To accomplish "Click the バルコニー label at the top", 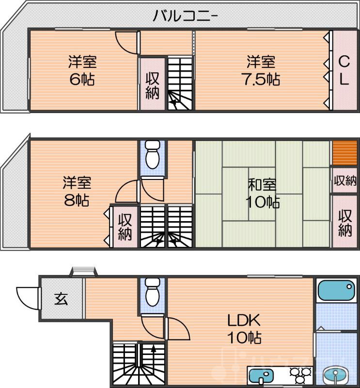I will click(186, 16).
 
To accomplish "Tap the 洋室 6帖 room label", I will click(82, 71).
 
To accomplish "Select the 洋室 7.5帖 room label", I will click(261, 71).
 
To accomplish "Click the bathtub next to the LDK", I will click(336, 291).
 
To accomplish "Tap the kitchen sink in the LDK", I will click(262, 376).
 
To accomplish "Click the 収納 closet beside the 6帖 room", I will click(153, 85).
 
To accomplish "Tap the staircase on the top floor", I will click(180, 82).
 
